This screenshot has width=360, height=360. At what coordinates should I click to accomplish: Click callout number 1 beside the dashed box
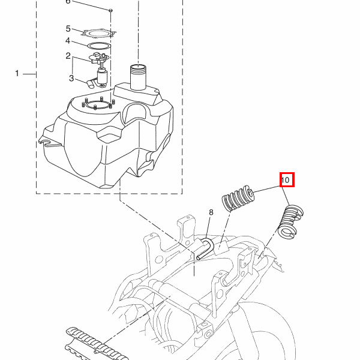pyautogui.click(x=17, y=73)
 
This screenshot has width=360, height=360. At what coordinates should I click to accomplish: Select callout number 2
pyautogui.click(x=68, y=56)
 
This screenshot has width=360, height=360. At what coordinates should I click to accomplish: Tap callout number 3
pyautogui.click(x=71, y=78)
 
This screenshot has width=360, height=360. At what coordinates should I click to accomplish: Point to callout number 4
pyautogui.click(x=68, y=41)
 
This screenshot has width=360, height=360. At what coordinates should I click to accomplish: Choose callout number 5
pyautogui.click(x=68, y=29)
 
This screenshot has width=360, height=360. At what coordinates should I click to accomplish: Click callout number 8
pyautogui.click(x=211, y=212)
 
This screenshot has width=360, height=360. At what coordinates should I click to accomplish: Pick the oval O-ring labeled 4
pyautogui.click(x=99, y=46)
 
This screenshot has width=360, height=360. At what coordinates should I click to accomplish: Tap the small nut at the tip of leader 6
pyautogui.click(x=110, y=10)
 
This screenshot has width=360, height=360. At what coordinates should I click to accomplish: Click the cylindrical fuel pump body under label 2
pyautogui.click(x=102, y=77)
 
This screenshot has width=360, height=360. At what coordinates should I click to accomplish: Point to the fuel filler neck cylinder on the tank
pyautogui.click(x=138, y=77)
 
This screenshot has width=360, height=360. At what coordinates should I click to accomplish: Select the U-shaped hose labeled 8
pyautogui.click(x=206, y=248)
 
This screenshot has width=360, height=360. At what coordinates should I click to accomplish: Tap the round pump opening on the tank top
pyautogui.click(x=98, y=105)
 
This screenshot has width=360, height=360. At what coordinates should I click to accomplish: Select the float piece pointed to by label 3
pyautogui.click(x=91, y=83)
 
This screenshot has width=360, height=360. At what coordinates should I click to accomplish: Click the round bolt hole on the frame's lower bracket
pyautogui.click(x=208, y=334)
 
